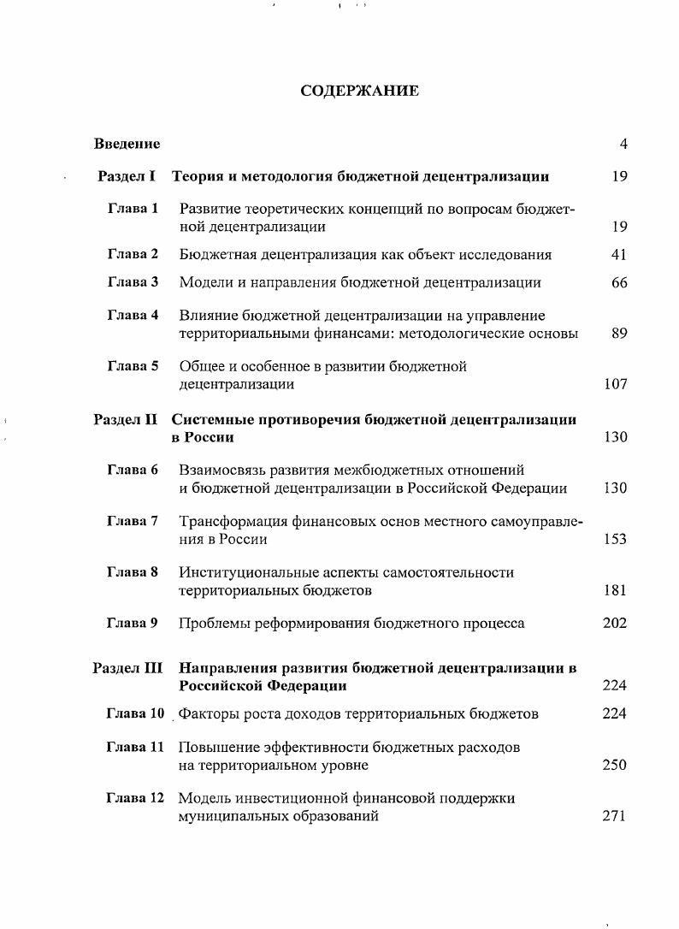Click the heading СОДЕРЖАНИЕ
360,91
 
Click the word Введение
127,144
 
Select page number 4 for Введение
623,144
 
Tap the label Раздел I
127,176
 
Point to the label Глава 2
133,254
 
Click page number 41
620,254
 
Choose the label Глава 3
133,281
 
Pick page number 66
620,282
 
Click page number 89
620,334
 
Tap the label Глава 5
133,366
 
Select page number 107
616,384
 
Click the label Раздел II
126,419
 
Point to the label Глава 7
133,521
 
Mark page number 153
615,539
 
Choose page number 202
615,623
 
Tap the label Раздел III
127,667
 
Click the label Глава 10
135,713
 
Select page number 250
615,765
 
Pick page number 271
615,816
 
